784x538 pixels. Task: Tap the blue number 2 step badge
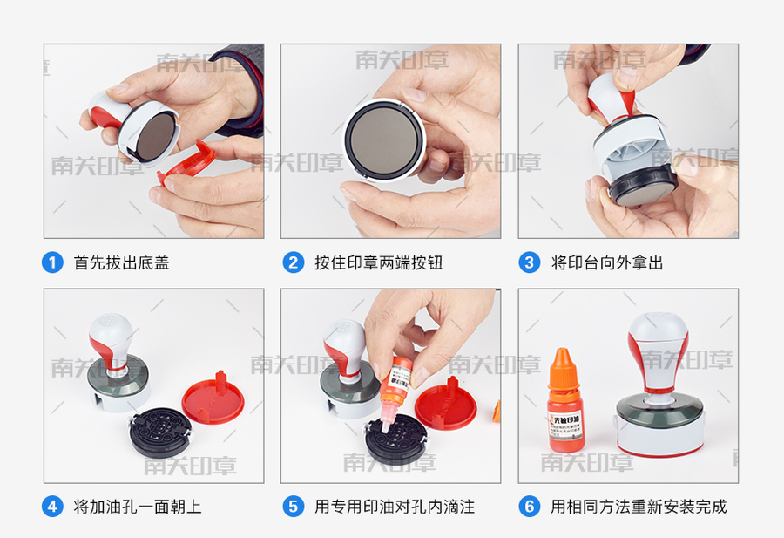coord(293,262)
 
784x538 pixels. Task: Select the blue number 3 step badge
coord(530,262)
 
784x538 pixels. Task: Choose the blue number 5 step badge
coord(293,506)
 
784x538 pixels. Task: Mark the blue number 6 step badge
coord(530,506)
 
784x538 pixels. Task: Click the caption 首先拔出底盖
coord(121,262)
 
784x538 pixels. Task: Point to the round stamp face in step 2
coord(383,140)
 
